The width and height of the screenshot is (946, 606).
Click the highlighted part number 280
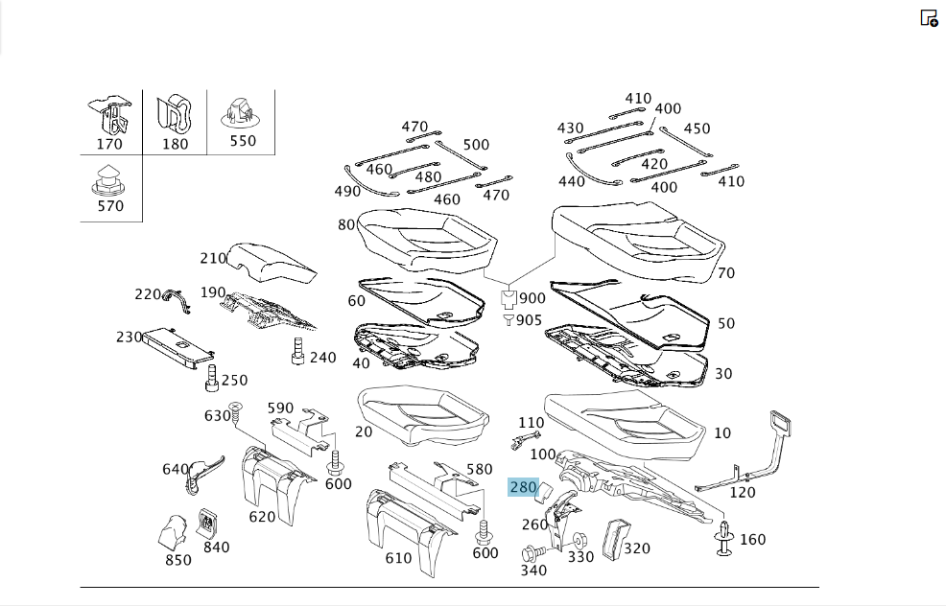[x=523, y=487]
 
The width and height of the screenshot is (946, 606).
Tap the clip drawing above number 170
[x=110, y=116]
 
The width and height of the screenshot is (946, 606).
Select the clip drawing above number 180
[x=175, y=114]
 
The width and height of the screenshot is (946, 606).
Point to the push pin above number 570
[x=108, y=180]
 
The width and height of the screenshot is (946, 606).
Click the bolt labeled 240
[x=297, y=351]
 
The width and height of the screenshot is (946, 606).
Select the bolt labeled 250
[x=211, y=378]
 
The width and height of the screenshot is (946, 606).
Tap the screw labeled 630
[x=235, y=412]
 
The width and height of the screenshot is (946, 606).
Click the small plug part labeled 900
[x=509, y=299]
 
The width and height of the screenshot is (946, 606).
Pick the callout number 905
[x=529, y=320]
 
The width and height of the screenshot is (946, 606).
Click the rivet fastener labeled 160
[x=724, y=538]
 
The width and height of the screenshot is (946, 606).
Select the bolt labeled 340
[x=534, y=552]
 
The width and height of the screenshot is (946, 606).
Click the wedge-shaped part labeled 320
[x=615, y=539]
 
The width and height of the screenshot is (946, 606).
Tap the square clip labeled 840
[x=207, y=524]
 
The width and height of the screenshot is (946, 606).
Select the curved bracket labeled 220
[x=177, y=300]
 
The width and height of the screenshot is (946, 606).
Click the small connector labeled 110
[x=526, y=439]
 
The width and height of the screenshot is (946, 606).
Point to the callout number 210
[x=213, y=258]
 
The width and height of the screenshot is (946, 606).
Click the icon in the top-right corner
[x=929, y=18]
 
